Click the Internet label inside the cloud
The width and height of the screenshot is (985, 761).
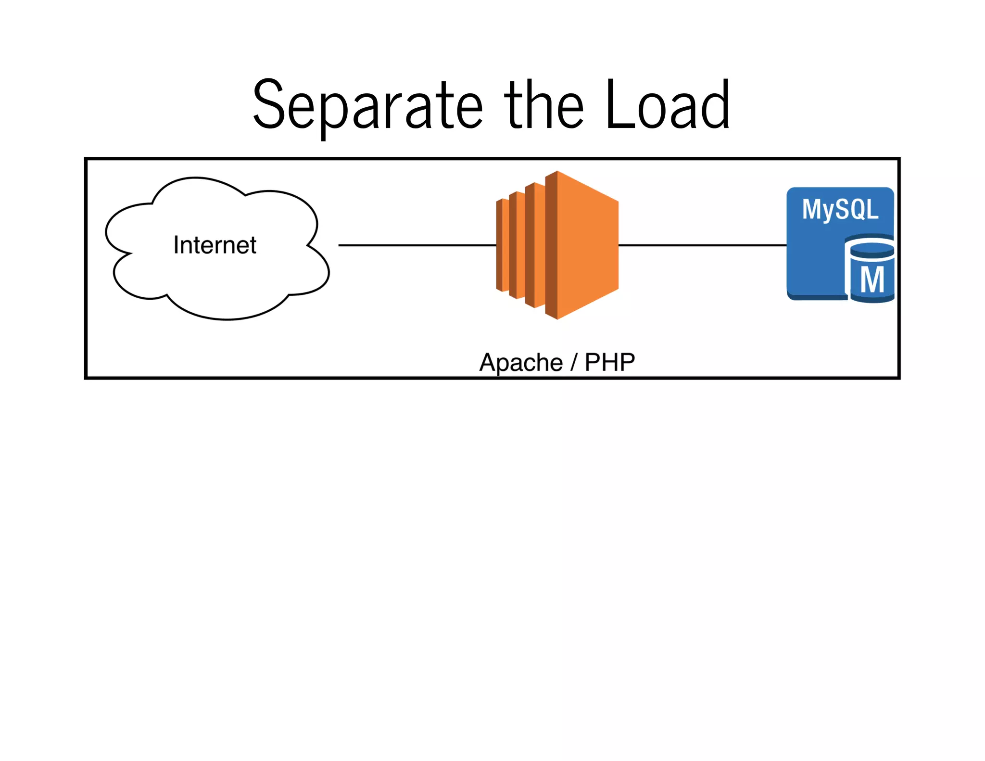click(215, 245)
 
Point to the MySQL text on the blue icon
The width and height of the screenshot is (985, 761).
click(840, 210)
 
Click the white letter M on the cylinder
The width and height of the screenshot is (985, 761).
click(872, 279)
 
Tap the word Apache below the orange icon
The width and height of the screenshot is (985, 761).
click(521, 362)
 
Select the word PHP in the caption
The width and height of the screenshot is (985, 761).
click(610, 362)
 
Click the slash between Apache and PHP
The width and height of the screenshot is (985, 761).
click(573, 362)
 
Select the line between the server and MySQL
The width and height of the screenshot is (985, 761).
click(702, 245)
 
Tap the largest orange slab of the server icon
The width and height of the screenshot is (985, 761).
click(587, 245)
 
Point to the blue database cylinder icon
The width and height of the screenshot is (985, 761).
click(871, 272)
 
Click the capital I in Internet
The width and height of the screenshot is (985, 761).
click(176, 245)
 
